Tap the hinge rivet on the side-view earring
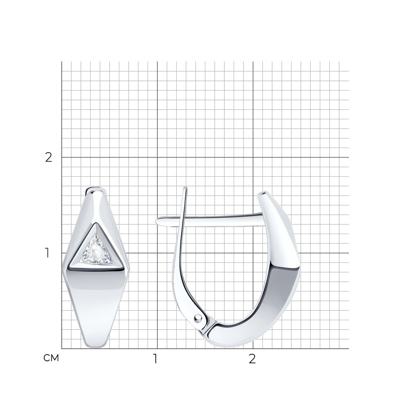(x=198, y=317)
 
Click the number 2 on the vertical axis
(x=49, y=157)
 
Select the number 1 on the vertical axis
(x=47, y=253)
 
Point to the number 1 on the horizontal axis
(x=156, y=359)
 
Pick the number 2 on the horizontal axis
(x=252, y=359)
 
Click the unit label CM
(x=51, y=358)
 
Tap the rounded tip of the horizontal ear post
(x=157, y=221)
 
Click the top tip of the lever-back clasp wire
(x=185, y=188)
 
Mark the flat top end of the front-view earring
(x=96, y=188)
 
